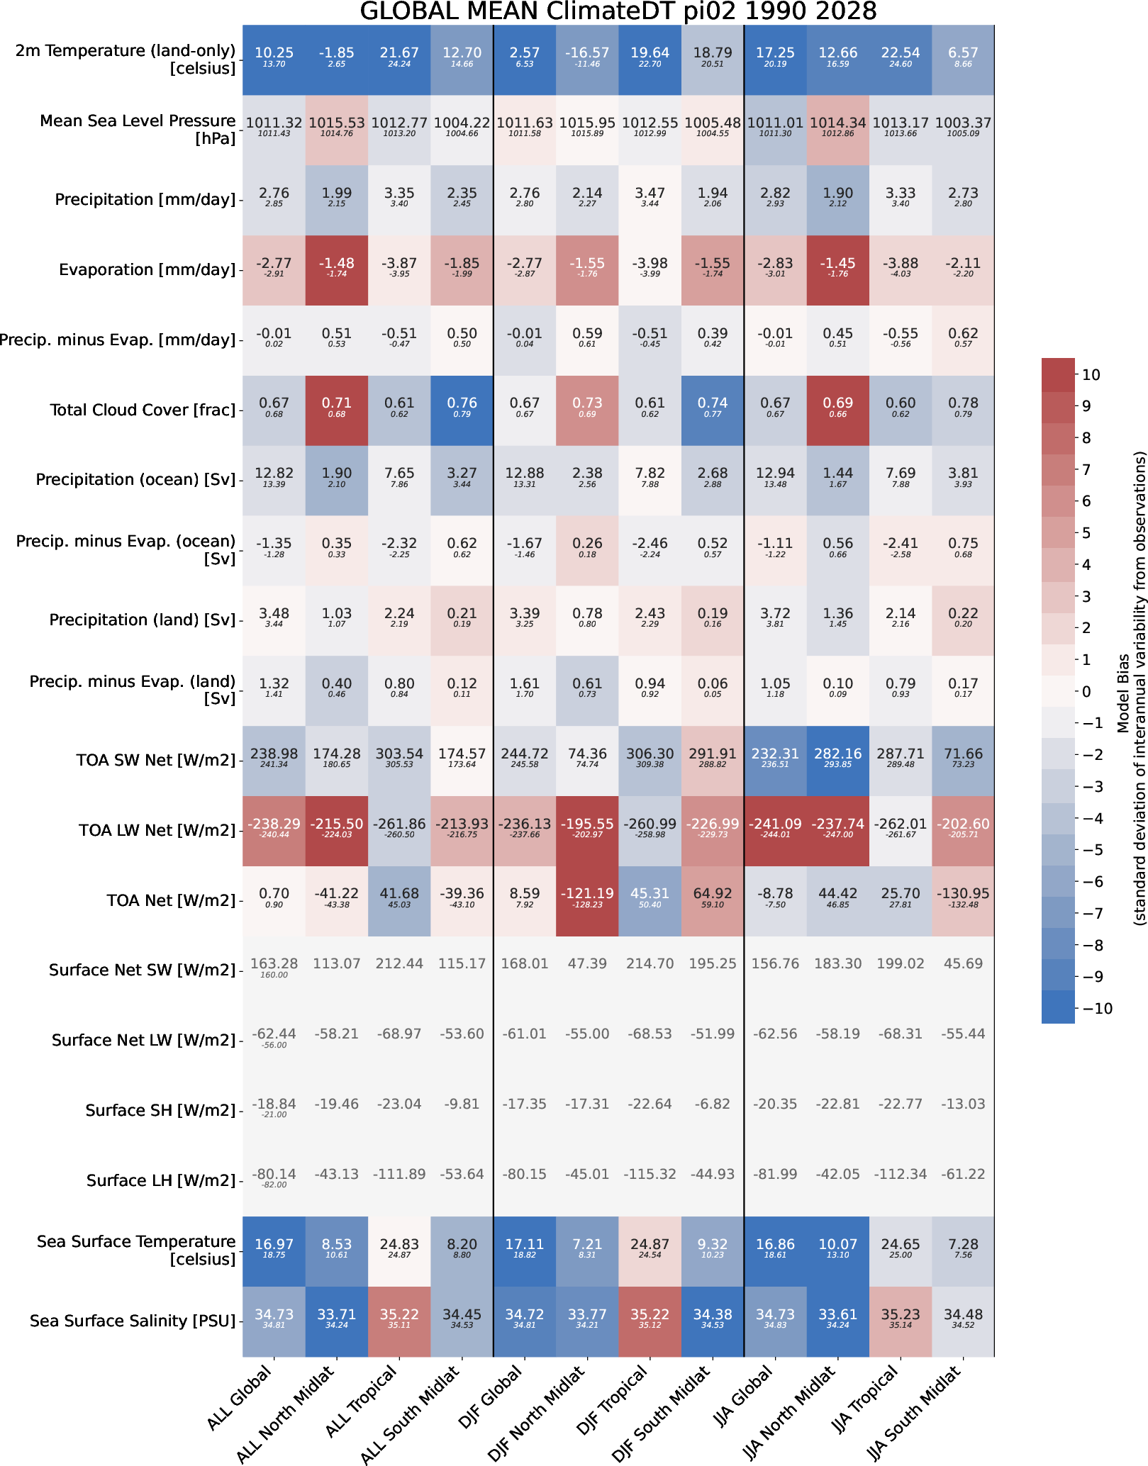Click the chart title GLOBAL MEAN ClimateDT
click(618, 12)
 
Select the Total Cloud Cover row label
click(143, 410)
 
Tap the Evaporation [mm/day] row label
click(147, 269)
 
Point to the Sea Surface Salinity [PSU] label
click(133, 1321)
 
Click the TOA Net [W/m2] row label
click(171, 900)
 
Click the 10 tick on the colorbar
click(1091, 375)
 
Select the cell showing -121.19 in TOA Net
click(587, 900)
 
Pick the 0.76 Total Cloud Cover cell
click(462, 410)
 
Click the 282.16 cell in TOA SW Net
click(837, 760)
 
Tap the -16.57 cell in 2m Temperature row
click(587, 60)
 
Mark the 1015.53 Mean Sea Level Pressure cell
click(337, 130)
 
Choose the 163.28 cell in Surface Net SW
click(274, 970)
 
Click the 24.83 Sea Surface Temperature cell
click(399, 1250)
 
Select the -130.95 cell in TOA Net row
click(963, 900)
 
